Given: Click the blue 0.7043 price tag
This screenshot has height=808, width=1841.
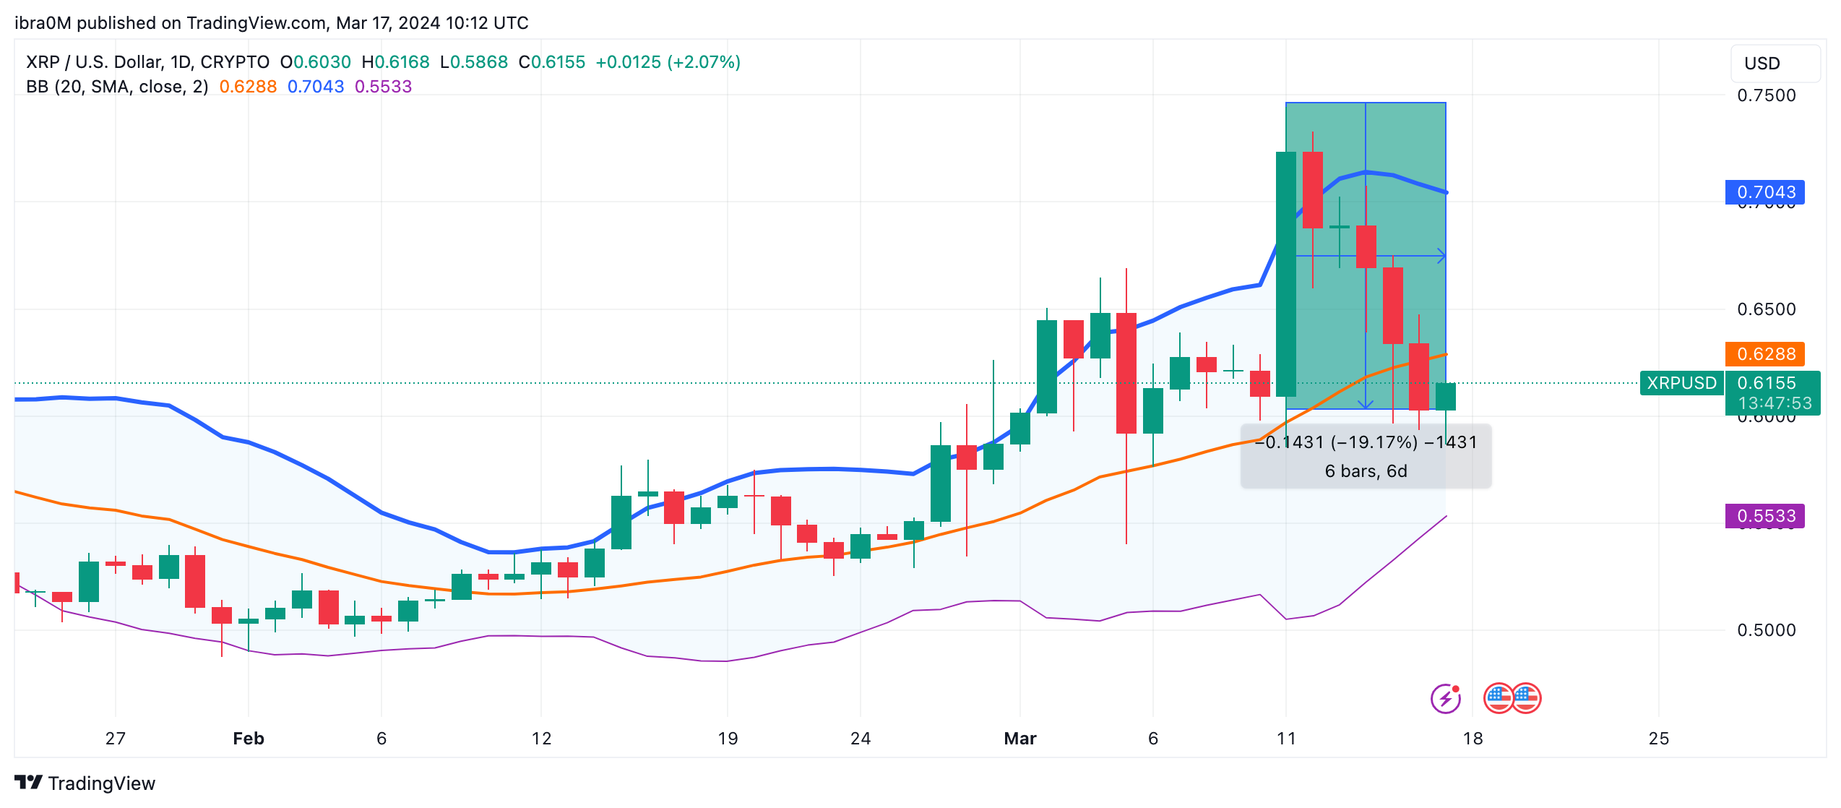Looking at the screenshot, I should tap(1764, 192).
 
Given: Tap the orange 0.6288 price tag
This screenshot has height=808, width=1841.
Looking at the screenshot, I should tap(1764, 354).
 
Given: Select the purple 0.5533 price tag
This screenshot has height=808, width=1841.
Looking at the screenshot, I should tap(1764, 516).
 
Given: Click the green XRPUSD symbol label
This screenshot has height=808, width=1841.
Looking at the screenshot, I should tap(1681, 383).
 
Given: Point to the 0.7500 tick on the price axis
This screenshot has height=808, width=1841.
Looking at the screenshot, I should tap(1766, 95).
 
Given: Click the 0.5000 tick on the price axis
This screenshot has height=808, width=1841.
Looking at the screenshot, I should tap(1766, 630).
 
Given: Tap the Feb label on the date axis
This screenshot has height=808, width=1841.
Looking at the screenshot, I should tap(249, 739).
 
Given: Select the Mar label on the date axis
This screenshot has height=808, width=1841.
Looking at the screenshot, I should tap(1020, 739).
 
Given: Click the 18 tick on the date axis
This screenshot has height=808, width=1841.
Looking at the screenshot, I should tap(1473, 739).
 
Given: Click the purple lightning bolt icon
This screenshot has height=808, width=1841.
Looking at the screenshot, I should tap(1446, 698).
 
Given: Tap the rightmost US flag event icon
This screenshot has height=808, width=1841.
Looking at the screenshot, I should tap(1526, 698).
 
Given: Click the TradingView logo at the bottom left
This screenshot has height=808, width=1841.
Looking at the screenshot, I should tap(85, 783).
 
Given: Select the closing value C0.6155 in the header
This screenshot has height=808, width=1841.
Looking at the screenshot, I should tap(552, 62).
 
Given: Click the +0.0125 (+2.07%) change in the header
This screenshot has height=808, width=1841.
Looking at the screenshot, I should tap(668, 62).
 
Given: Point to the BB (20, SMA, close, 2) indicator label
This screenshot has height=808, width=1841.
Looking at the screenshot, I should tap(117, 87).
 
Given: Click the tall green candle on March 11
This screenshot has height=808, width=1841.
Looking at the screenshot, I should tap(1286, 275).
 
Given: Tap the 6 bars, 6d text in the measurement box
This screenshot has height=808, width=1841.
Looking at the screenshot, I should tap(1366, 471).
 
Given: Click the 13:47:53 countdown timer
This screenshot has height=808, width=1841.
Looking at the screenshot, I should tap(1775, 403).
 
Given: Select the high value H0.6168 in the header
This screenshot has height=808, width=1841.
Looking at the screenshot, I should tap(396, 62).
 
